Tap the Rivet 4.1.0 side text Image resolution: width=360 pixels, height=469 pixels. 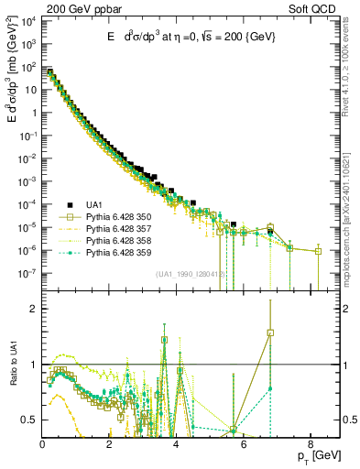click(x=347, y=73)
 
